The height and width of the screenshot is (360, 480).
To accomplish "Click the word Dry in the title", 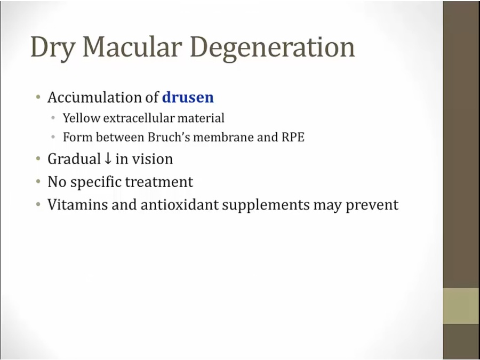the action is [52, 48].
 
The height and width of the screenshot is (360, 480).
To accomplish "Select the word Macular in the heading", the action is [132, 47].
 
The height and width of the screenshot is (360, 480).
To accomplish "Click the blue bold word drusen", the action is [188, 98].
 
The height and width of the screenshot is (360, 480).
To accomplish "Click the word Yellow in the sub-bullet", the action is [81, 118].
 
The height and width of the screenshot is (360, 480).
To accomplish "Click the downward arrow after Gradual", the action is [108, 159].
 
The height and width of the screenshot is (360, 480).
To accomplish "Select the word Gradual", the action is [74, 159].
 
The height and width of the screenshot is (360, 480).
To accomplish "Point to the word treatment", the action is [159, 182].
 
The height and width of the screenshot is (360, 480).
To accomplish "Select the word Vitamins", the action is [77, 205].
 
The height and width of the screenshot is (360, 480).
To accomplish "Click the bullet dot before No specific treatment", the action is [38, 181].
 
